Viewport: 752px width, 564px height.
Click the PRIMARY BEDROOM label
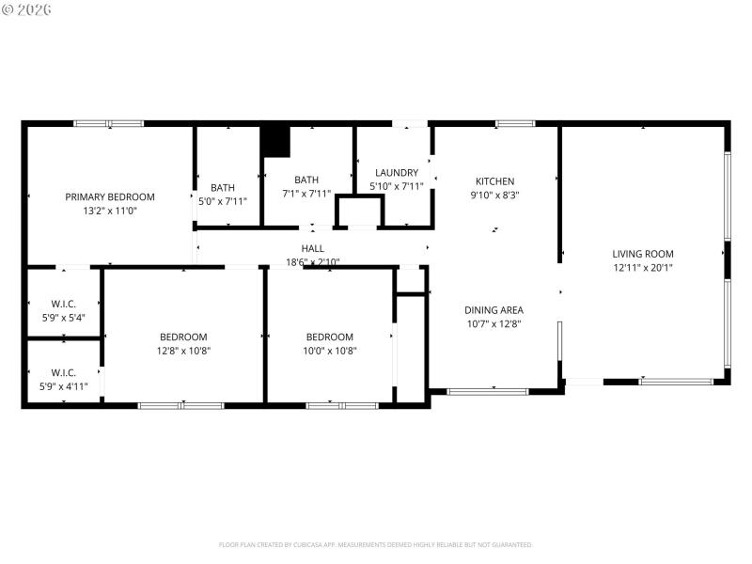pos(110,196)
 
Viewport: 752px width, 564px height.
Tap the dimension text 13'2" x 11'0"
pos(110,211)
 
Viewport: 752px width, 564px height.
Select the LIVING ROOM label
pos(643,254)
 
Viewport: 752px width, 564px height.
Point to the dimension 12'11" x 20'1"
pos(643,268)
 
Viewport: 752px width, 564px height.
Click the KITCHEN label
pos(494,181)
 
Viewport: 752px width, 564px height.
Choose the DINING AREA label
pos(493,310)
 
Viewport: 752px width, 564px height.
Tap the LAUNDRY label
pos(396,173)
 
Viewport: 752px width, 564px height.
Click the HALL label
pos(313,248)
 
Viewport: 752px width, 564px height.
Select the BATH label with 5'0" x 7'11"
pos(223,187)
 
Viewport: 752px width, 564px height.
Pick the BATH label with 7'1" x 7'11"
pos(306,180)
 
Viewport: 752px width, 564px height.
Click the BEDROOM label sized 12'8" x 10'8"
pos(183,337)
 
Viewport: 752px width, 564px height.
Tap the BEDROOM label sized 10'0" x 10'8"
pos(329,337)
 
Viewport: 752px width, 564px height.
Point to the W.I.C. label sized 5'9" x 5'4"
pos(63,304)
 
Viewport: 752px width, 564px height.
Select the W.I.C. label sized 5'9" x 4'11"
pos(63,372)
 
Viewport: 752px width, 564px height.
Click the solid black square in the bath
pos(275,141)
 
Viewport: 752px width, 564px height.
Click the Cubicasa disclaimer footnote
pos(376,544)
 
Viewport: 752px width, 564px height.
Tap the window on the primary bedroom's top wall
pos(109,123)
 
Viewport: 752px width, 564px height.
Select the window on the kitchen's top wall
pos(514,123)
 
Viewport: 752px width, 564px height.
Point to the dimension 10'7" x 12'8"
pos(493,324)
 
